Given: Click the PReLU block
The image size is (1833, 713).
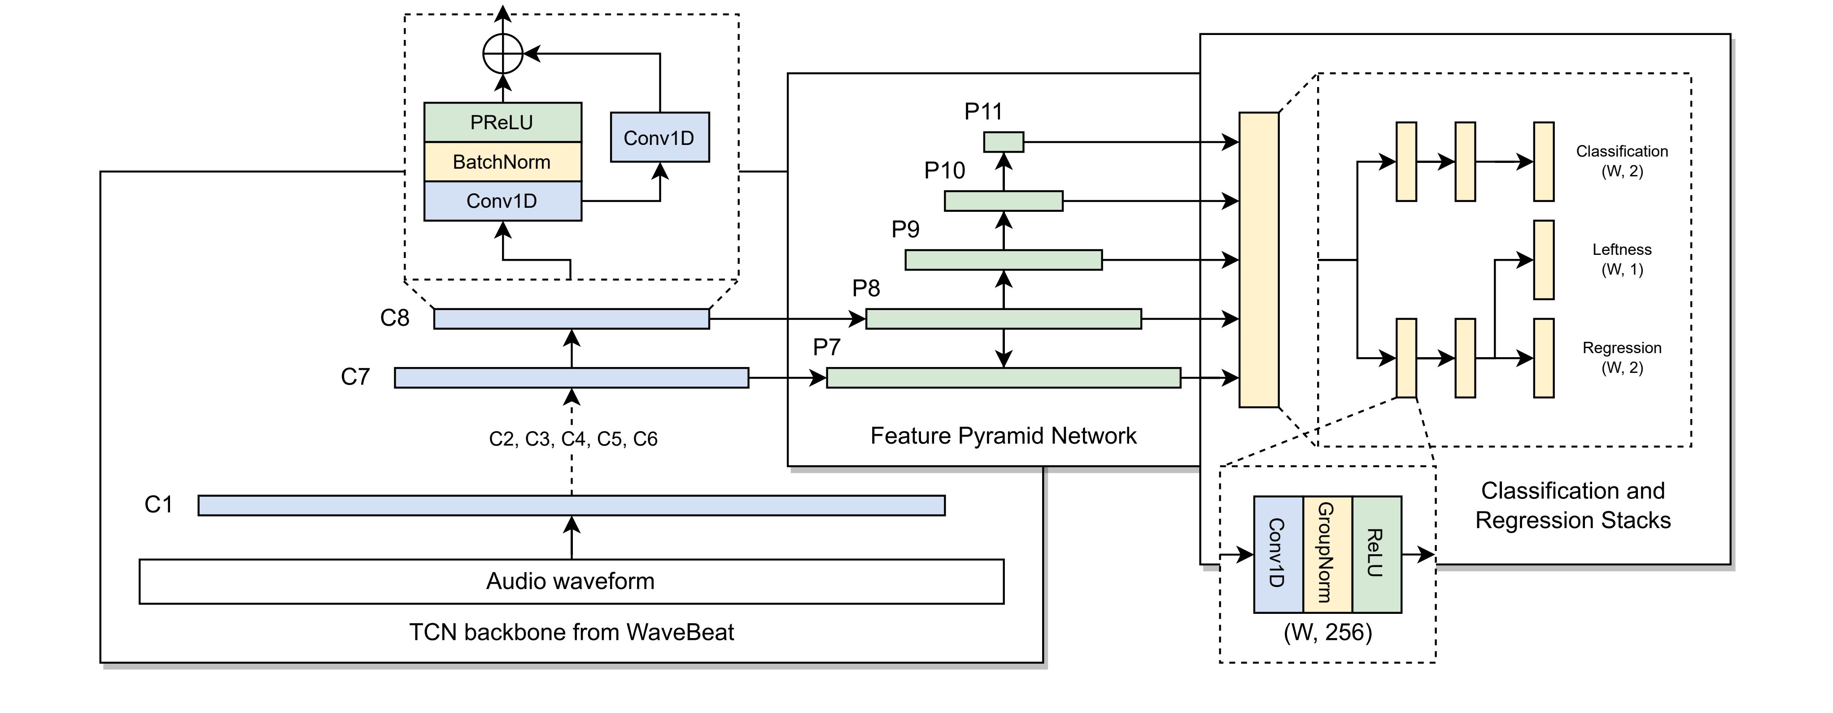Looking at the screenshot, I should [502, 122].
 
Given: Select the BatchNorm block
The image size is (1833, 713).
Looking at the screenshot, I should [502, 162].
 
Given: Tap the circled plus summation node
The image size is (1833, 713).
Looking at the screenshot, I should [503, 53].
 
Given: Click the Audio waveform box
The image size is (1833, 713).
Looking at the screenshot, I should [571, 582].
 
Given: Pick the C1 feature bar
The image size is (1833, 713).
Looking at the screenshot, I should [572, 505].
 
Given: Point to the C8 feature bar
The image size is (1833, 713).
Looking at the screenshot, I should [572, 319].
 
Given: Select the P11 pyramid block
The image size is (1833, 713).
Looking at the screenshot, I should [1004, 142].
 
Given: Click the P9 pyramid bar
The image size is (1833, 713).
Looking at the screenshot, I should [1004, 260].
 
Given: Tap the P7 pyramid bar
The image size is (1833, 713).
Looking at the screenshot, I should [1004, 378].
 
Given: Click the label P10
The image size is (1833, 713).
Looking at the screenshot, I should [944, 171].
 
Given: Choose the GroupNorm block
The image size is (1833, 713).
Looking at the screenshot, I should [1327, 554].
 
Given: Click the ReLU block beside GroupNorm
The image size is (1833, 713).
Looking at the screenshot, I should [1376, 554].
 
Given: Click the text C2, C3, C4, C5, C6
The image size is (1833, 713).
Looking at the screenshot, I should [573, 439].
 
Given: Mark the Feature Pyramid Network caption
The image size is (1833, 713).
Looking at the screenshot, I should [1004, 436].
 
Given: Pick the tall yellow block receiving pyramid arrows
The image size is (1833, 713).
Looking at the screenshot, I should [1259, 260].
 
